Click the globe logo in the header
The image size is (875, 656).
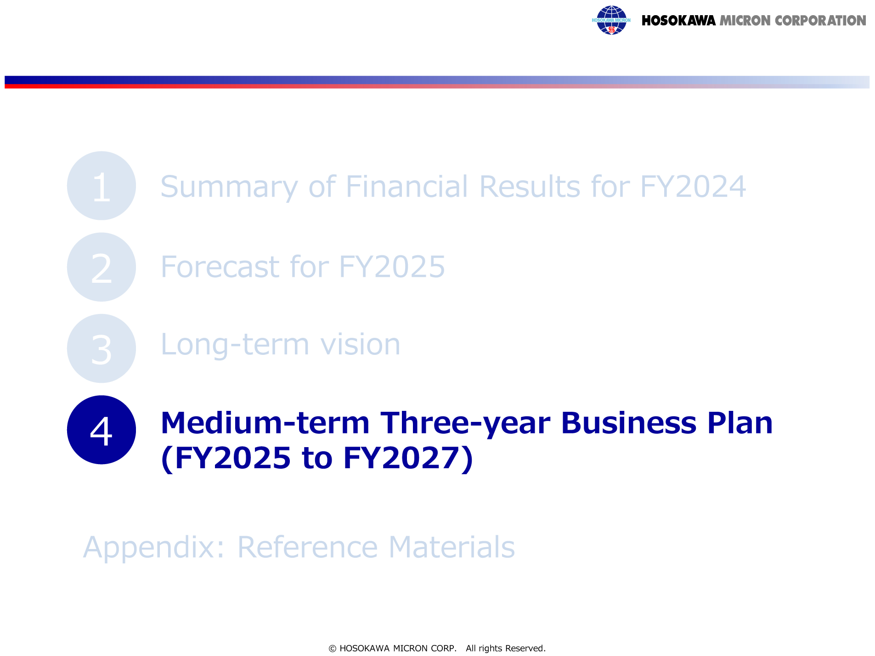click(x=611, y=20)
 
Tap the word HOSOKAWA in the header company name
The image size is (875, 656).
click(x=678, y=21)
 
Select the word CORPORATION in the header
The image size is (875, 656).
click(x=820, y=21)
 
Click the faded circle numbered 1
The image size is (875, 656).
click(x=102, y=185)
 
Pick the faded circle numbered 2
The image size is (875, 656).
click(x=102, y=267)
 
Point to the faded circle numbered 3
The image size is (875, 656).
click(x=102, y=348)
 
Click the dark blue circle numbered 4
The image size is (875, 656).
click(x=102, y=430)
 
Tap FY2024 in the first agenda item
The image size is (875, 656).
click(x=693, y=187)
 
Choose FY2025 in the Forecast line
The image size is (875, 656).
click(x=392, y=267)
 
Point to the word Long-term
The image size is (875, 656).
click(x=235, y=344)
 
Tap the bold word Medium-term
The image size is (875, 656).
click(x=265, y=423)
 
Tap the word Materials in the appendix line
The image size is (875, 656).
click(x=452, y=547)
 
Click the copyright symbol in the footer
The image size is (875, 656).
click(x=333, y=649)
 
